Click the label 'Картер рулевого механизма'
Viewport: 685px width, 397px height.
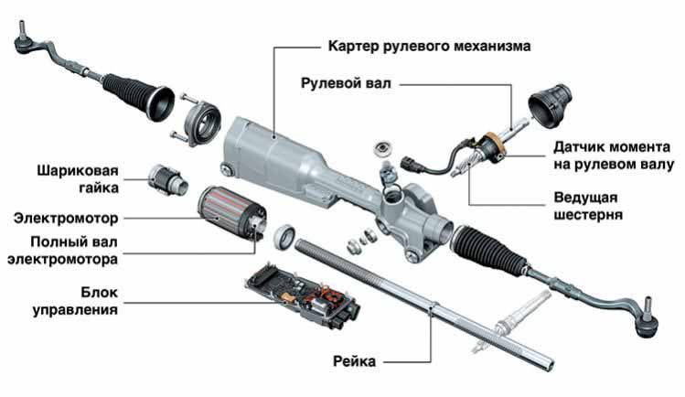427,45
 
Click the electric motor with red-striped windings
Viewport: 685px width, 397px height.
230,211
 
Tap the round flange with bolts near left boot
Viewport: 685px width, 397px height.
201,121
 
